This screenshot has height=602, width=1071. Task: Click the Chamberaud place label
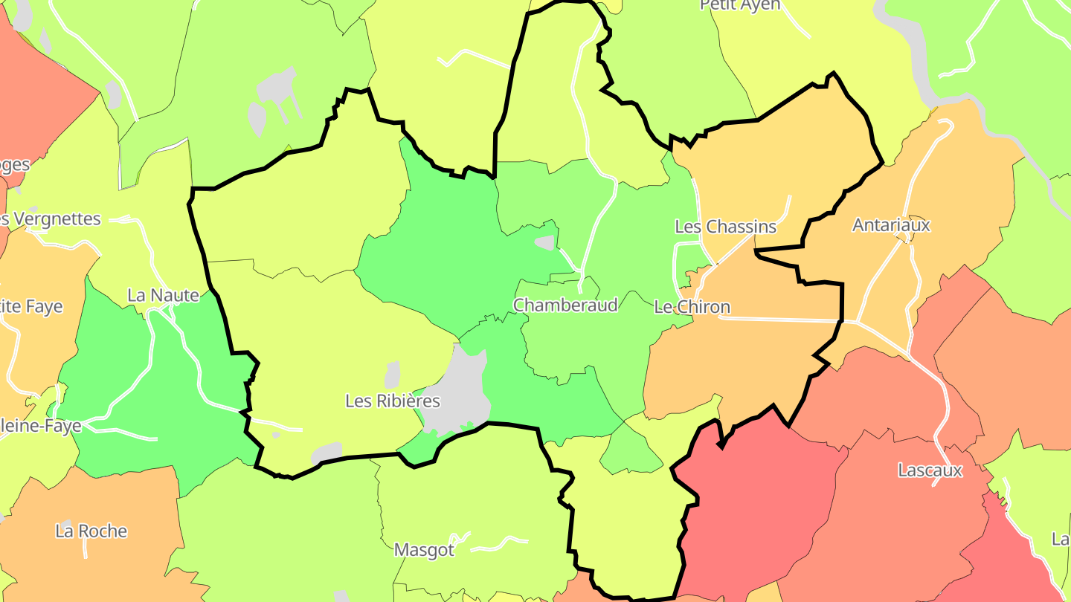click(565, 305)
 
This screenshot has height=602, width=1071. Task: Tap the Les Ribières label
click(393, 401)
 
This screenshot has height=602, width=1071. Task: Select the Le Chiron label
click(692, 307)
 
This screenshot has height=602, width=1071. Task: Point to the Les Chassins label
click(725, 227)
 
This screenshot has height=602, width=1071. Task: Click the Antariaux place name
click(891, 225)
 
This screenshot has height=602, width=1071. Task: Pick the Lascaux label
click(930, 470)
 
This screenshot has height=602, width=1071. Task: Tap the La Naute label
click(164, 295)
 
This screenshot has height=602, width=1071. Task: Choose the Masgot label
click(424, 551)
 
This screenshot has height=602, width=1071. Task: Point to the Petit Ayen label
click(740, 5)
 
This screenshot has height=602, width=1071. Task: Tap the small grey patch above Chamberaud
click(545, 243)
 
